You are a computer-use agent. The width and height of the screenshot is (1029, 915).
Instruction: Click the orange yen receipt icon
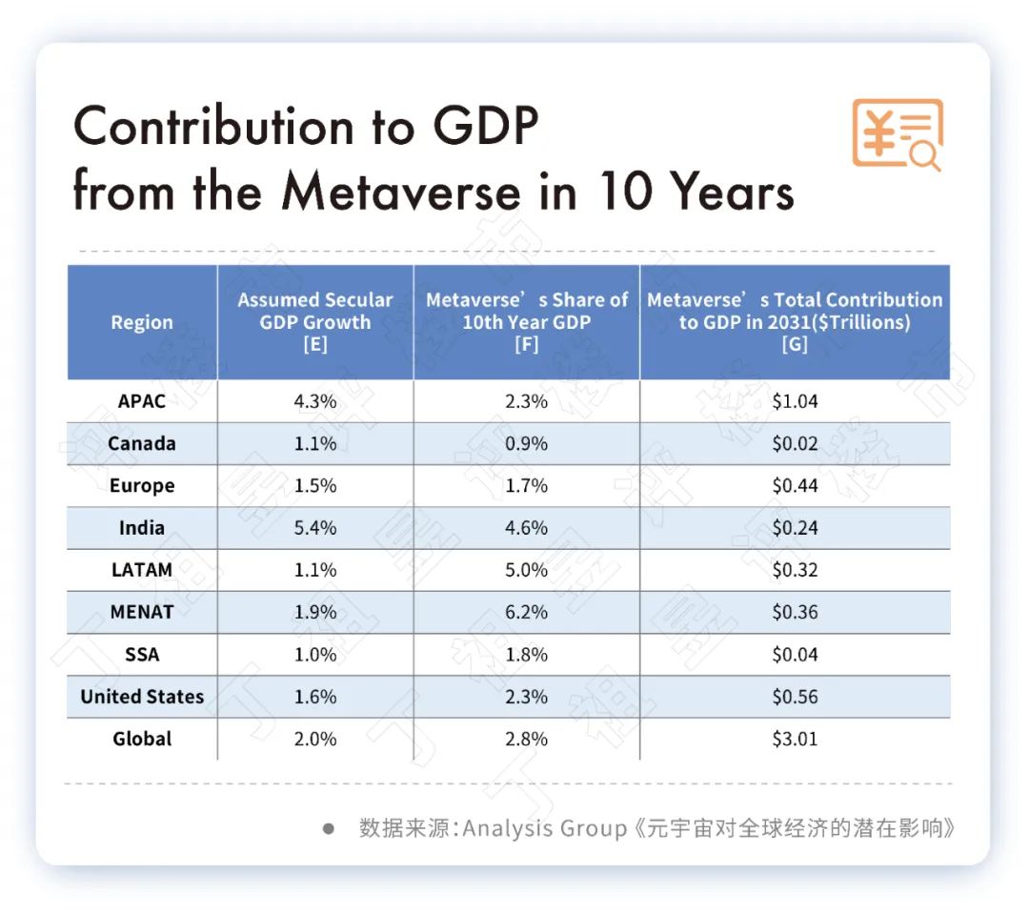(x=897, y=134)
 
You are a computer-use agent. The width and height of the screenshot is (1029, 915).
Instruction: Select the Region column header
(x=142, y=322)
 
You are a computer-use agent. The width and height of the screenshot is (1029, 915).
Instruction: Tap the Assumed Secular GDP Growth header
(x=315, y=322)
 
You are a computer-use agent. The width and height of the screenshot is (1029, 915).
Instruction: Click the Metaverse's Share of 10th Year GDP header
(x=526, y=322)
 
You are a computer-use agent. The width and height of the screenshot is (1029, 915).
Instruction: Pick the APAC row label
(x=142, y=401)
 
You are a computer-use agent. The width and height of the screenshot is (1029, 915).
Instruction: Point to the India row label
(x=142, y=528)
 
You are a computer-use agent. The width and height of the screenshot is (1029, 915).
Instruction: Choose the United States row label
(x=142, y=697)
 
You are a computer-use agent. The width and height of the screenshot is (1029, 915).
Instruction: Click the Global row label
(x=142, y=739)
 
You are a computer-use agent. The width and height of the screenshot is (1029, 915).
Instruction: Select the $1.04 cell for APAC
(x=795, y=401)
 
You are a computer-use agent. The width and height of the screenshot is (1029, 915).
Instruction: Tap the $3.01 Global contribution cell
(x=795, y=739)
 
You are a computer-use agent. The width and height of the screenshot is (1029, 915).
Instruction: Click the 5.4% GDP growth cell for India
(x=315, y=528)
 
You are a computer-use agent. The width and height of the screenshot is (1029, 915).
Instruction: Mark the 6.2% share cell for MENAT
(x=526, y=612)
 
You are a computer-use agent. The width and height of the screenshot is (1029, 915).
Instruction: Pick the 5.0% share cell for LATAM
(x=526, y=570)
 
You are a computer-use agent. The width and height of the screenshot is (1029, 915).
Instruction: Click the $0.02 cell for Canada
(x=795, y=444)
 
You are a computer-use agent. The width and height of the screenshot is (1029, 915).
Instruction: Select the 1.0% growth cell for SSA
(x=315, y=655)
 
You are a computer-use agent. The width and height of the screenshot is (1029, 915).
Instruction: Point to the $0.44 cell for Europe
(x=795, y=486)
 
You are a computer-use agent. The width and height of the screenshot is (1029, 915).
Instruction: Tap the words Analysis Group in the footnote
(x=545, y=827)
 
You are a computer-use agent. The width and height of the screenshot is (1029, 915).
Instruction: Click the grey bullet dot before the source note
(x=329, y=828)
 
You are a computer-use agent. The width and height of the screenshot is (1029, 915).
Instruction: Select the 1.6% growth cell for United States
(x=315, y=697)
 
